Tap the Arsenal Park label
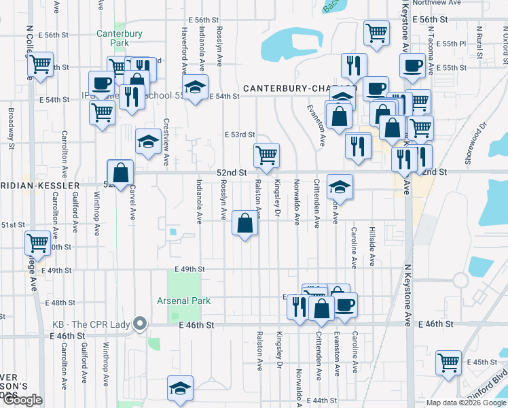coord(183,301)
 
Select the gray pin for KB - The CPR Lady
coord(141,323)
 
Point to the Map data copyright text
coord(465,403)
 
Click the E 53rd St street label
coord(240,135)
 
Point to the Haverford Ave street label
coord(184,50)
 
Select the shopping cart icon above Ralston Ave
coord(266,154)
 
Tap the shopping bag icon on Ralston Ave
coord(244,222)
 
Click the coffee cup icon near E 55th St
coord(412,66)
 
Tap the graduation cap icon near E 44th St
coord(180,388)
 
